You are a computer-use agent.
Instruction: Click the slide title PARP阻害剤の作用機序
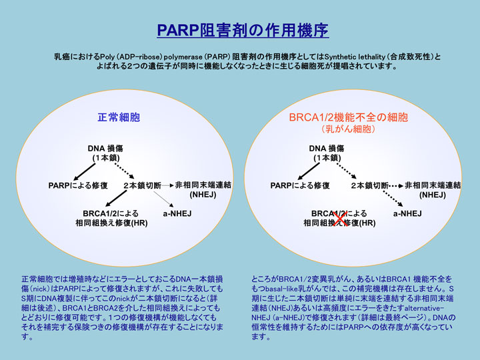coord(242,31)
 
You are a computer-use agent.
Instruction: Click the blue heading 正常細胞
coord(119,117)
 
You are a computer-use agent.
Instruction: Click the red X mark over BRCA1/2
coord(340,218)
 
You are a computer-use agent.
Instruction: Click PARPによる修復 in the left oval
coord(78,185)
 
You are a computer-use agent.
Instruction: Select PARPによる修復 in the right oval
coord(300,185)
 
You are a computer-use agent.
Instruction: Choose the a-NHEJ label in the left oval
coord(178,213)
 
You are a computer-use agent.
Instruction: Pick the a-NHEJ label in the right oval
coord(407,213)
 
